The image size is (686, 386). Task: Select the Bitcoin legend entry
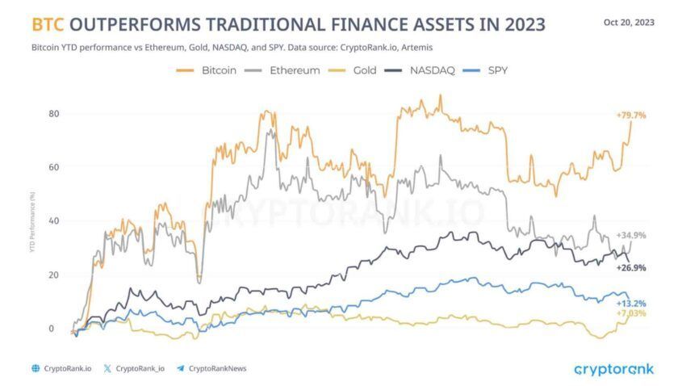pos(207,70)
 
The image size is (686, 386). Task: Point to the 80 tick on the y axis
pos(53,113)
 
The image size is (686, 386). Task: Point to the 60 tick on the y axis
pos(53,167)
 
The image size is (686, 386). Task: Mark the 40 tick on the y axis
pos(53,221)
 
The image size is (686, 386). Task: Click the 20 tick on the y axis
pos(53,275)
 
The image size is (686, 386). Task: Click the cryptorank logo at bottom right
pos(613,369)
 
